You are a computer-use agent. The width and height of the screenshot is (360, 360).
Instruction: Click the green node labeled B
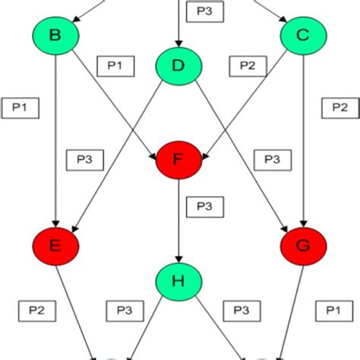click(x=55, y=34)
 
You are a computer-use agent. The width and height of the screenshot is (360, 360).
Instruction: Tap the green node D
click(x=178, y=66)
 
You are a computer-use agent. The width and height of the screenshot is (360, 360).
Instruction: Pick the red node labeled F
click(x=178, y=159)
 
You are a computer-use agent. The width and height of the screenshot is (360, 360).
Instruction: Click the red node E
click(x=55, y=245)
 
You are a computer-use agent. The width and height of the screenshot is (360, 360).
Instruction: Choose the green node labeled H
click(x=178, y=282)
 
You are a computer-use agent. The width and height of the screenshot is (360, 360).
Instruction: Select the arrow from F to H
click(x=178, y=220)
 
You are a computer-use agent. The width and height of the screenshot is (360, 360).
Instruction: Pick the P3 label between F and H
click(x=204, y=206)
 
